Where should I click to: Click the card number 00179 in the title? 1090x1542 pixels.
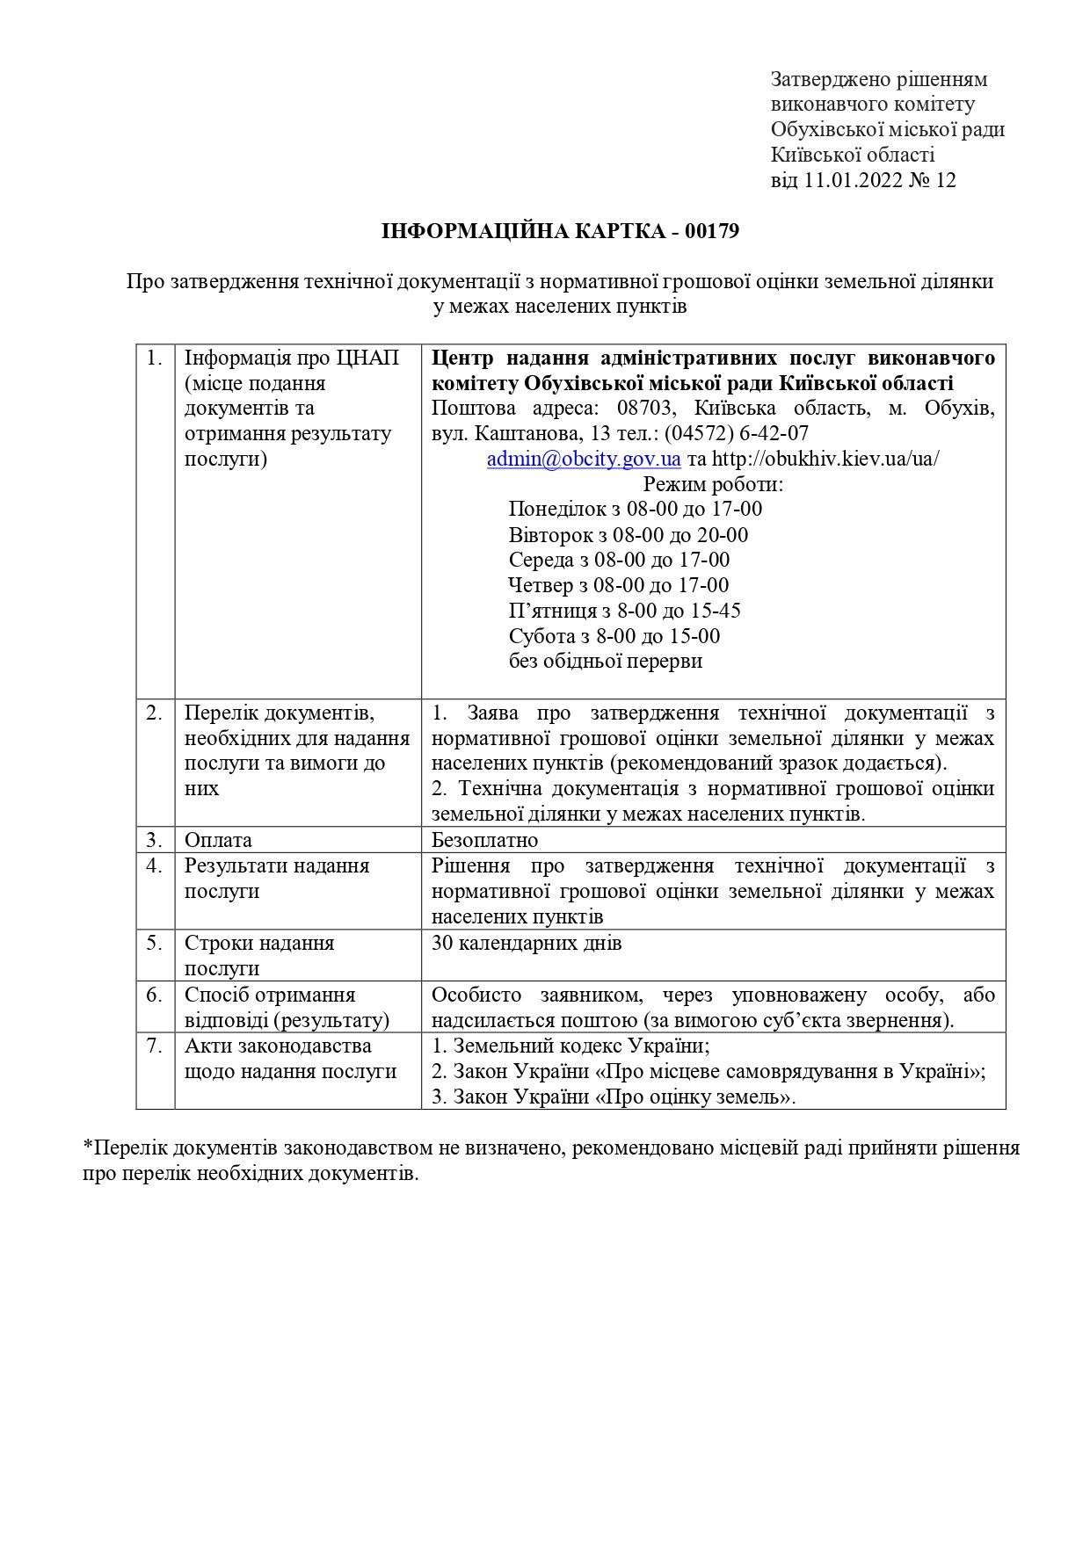click(711, 232)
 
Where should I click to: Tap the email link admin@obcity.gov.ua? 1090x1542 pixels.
click(584, 459)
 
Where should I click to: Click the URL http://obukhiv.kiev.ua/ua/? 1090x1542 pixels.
click(825, 459)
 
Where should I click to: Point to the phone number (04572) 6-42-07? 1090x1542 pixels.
click(737, 434)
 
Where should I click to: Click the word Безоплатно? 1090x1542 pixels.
click(484, 840)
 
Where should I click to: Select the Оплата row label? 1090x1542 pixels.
click(218, 840)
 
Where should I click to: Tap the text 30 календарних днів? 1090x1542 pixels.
click(527, 944)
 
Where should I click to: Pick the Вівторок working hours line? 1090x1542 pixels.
click(628, 535)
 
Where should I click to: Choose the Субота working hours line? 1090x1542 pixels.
click(614, 636)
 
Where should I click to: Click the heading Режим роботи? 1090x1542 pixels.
click(713, 484)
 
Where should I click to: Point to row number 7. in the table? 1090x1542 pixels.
click(155, 1046)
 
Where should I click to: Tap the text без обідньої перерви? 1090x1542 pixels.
click(605, 662)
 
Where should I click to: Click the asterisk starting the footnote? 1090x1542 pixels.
click(88, 1147)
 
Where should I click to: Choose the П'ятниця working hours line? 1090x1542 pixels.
click(624, 611)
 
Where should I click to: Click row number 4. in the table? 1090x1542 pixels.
click(155, 866)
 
